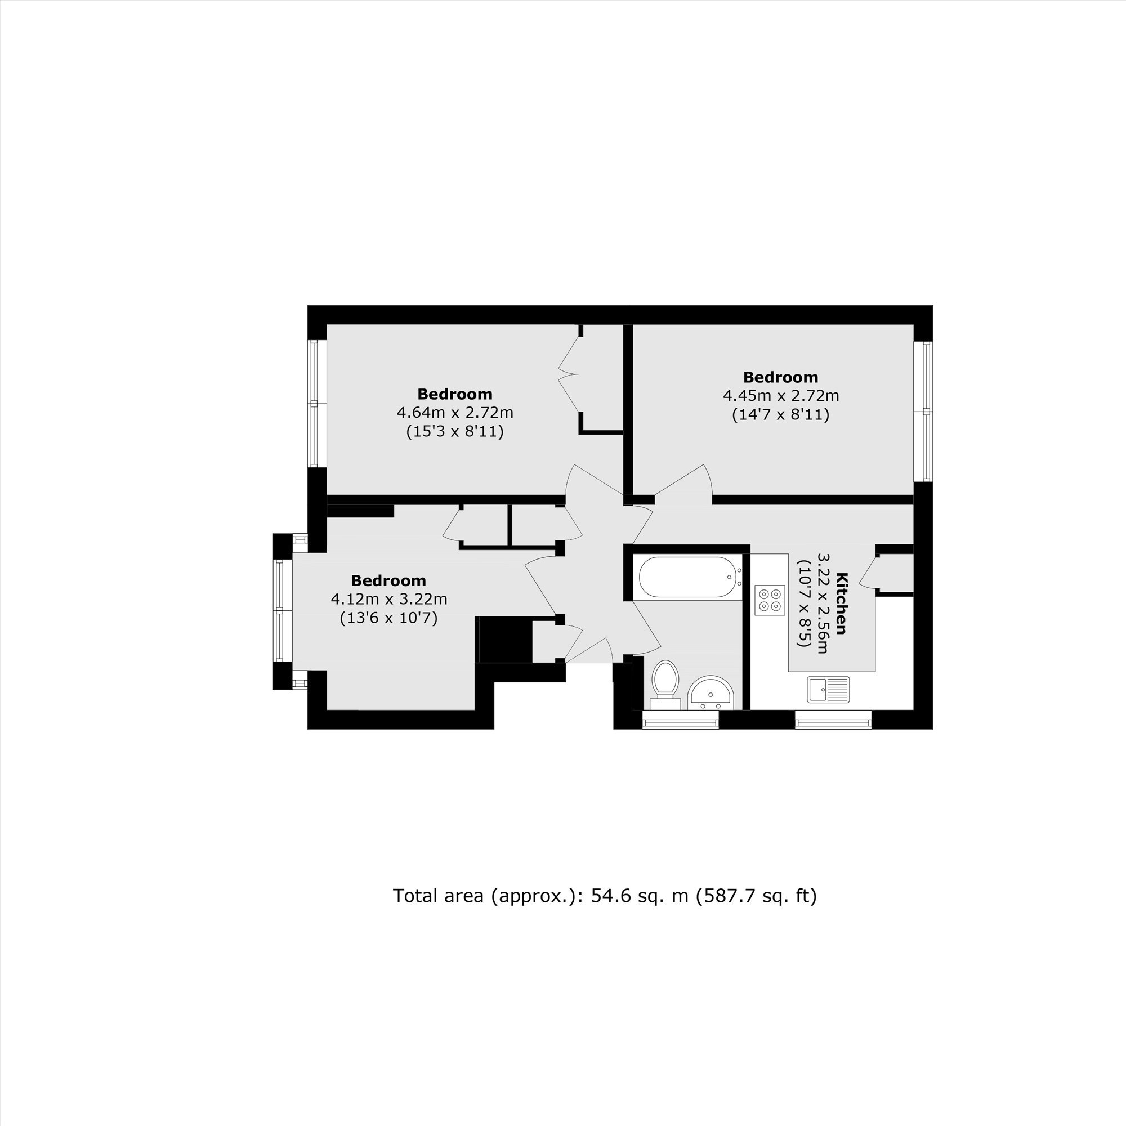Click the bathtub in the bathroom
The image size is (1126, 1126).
click(690, 577)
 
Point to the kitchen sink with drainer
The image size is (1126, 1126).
click(828, 690)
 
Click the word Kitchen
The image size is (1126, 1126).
click(842, 604)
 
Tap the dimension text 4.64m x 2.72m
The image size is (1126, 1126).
click(455, 413)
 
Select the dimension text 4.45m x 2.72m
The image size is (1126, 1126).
click(781, 396)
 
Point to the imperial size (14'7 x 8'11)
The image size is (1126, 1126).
click(780, 414)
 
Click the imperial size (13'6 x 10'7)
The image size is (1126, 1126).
click(388, 617)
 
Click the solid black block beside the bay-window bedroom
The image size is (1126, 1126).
click(504, 640)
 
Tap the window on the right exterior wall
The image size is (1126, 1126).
click(923, 411)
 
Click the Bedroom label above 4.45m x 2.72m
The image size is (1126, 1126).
click(780, 377)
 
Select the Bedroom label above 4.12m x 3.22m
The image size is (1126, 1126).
click(388, 580)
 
